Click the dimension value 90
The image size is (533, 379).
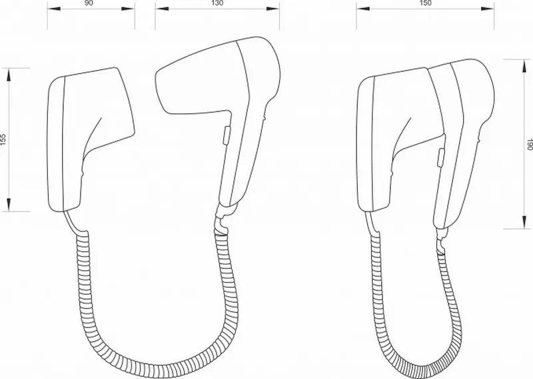tap(88, 3)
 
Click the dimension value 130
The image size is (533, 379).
tap(218, 3)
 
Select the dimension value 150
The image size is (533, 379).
tap(425, 3)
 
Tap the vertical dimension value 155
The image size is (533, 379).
tap(3, 139)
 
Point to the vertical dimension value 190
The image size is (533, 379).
tap(529, 144)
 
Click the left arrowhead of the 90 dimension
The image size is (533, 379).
tap(54, 9)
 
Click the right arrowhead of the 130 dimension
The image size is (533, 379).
tap(273, 9)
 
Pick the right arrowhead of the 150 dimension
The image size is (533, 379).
tap(487, 9)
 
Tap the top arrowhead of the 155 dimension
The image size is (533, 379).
tap(9, 75)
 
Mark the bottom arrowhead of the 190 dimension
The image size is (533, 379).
tap(523, 222)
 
